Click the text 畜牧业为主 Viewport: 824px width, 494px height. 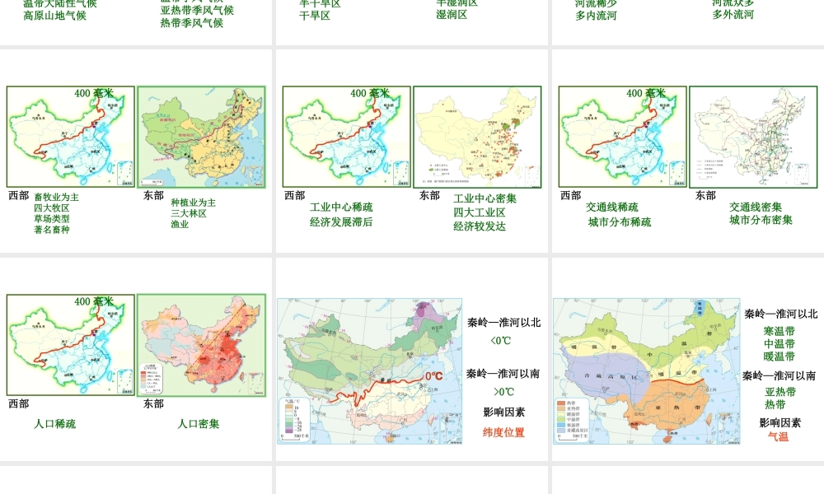pos(56,198)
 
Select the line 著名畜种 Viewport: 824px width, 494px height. pos(51,230)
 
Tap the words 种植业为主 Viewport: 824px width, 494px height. pos(193,203)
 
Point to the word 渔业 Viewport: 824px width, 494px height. pos(180,224)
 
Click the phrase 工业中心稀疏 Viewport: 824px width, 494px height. pos(341,207)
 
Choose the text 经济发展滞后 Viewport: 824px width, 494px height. pos(341,221)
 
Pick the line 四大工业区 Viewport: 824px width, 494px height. pos(479,212)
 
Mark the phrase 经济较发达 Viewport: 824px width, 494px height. pos(479,226)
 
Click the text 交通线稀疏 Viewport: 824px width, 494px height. pos(611,207)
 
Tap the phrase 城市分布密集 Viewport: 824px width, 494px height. pos(761,221)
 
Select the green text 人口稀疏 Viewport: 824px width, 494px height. pos(54,424)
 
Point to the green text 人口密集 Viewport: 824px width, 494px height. pos(199,424)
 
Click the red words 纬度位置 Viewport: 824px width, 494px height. pos(503,432)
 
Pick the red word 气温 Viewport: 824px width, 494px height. pos(778,437)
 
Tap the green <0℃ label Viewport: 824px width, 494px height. pos(502,341)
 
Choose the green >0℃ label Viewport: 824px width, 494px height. pos(503,392)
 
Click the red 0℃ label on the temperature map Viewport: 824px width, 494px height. pos(434,376)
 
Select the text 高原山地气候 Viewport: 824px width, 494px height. pos(54,16)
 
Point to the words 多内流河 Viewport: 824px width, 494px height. pos(596,16)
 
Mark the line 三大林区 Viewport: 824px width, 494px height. pos(189,213)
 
